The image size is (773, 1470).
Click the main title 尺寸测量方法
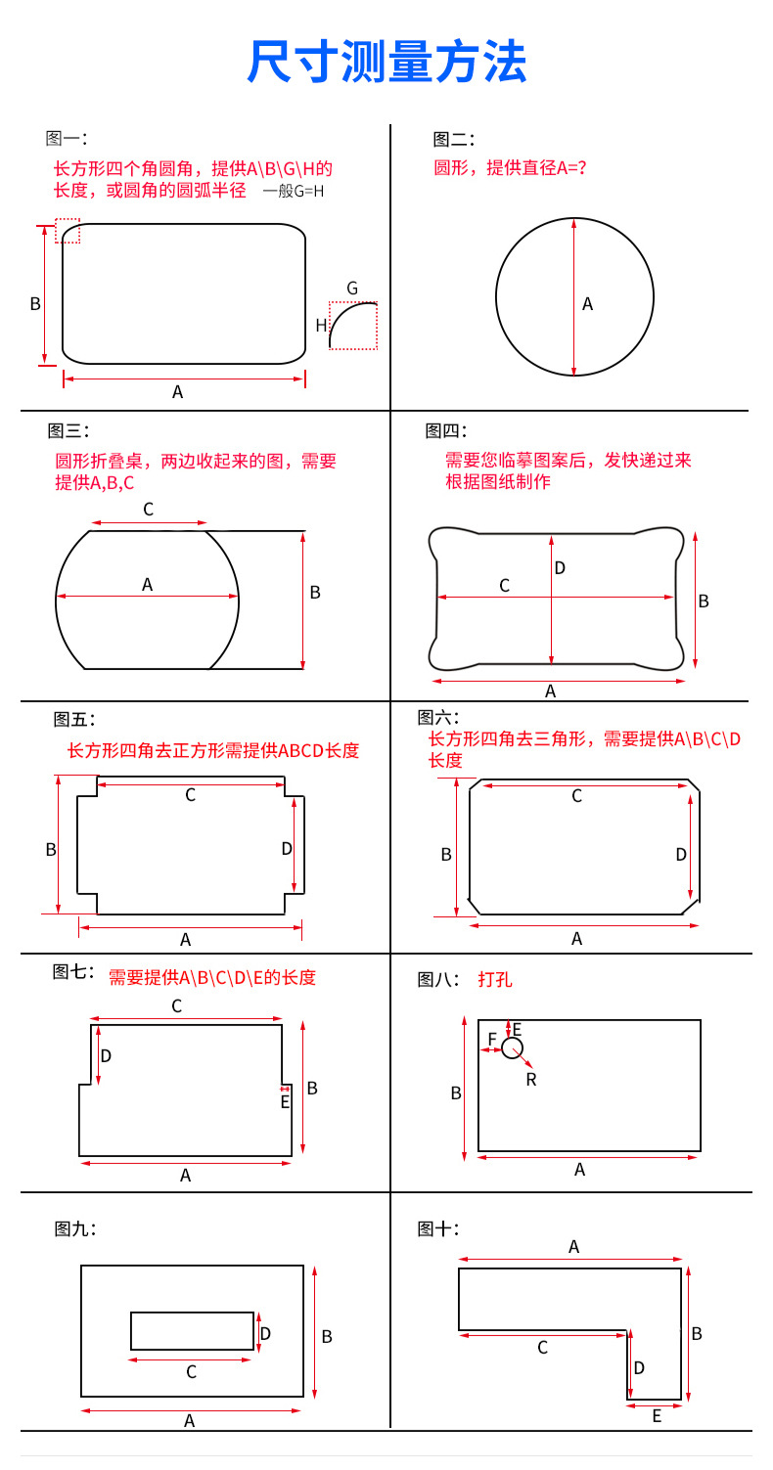tap(386, 63)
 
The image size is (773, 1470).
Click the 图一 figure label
tap(67, 139)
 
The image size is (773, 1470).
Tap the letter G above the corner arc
tap(352, 289)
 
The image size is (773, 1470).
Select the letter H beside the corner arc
tap(321, 326)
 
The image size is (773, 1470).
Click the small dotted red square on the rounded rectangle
tap(68, 231)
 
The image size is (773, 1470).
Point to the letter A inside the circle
tap(588, 304)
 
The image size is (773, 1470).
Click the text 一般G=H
tap(294, 192)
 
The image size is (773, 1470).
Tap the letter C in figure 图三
tap(149, 510)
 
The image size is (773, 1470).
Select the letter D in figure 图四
tap(560, 568)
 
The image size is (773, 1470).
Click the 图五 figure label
tap(74, 720)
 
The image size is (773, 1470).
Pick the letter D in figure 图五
tap(287, 849)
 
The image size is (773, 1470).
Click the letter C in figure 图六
tap(577, 796)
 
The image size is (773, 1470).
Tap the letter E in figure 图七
tap(285, 1102)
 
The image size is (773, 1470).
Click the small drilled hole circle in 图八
tap(512, 1048)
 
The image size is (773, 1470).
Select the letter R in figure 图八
tap(531, 1079)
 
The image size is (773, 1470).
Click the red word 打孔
tap(495, 979)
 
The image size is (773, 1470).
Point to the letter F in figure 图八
tap(492, 1039)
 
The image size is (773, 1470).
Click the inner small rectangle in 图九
tap(192, 1331)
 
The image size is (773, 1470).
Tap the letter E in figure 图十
tap(657, 1415)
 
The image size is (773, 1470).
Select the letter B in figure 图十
tap(697, 1333)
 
